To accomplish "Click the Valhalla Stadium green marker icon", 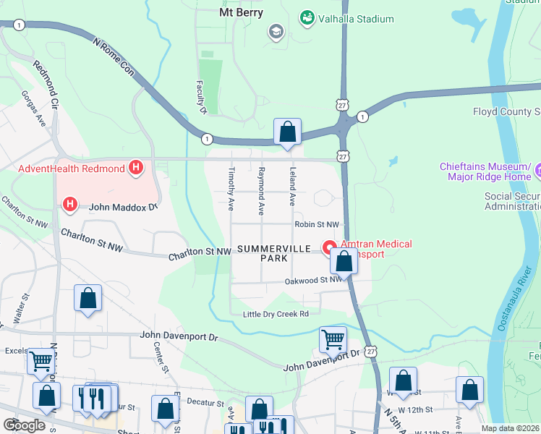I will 307,17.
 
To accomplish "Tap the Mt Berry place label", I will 241,12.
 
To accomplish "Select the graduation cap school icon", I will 275,31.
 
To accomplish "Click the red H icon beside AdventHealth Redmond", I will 135,169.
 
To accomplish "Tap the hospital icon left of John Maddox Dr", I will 70,205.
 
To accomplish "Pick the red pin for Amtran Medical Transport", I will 330,246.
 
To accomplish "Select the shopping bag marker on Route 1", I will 287,132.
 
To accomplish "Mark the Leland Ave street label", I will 293,187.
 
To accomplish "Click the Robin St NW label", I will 316,225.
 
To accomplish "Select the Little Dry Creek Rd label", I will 276,313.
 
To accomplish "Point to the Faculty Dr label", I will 202,98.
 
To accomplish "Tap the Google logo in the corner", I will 25,425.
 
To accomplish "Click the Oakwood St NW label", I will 312,280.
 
